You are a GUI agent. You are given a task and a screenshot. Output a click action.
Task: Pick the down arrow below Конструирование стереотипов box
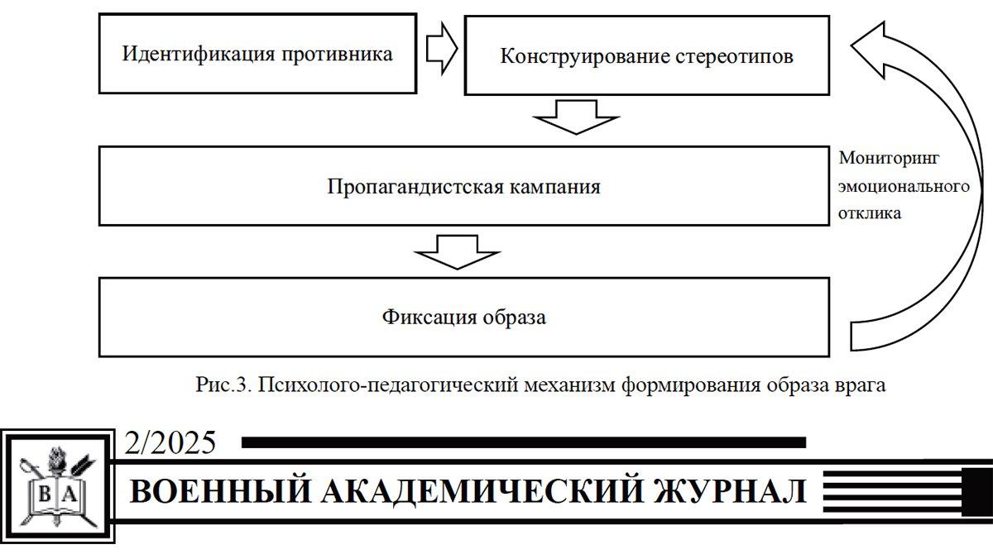coord(577,116)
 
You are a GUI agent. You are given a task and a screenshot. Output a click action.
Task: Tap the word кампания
coord(555,186)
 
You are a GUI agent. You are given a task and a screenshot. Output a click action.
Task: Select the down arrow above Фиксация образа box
coord(458,251)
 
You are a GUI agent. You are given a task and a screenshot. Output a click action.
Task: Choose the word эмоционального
coord(904,185)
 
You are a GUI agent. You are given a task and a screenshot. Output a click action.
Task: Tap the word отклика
coord(869,213)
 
